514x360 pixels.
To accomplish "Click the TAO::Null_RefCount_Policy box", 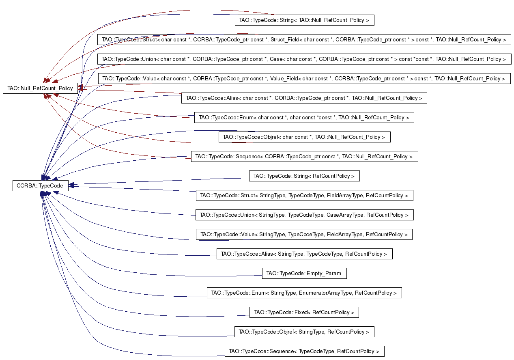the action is tap(40, 88).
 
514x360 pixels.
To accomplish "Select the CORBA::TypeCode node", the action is tap(41, 185).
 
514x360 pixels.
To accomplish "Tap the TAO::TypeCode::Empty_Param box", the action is tap(304, 273).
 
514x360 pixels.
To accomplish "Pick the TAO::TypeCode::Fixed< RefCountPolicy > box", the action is tap(304, 312).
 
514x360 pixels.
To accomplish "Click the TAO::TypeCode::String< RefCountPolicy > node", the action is tap(304, 176).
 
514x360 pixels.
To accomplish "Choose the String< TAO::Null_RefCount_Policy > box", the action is tap(305, 20).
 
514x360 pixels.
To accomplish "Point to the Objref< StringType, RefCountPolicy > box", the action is tap(304, 332).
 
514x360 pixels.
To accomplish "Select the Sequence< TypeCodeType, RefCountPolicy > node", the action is tap(305, 351).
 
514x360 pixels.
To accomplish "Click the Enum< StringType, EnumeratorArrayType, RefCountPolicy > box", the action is tap(304, 293).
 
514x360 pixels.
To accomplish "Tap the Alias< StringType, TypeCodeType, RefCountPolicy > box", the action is tap(305, 254).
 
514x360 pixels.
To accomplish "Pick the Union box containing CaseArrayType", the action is tap(305, 215).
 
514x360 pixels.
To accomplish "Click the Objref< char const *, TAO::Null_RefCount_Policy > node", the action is tap(305, 137).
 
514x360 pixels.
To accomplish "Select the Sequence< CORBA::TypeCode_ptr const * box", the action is tap(305, 156).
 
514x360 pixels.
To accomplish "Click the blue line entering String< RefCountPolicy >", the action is tap(159, 181).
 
